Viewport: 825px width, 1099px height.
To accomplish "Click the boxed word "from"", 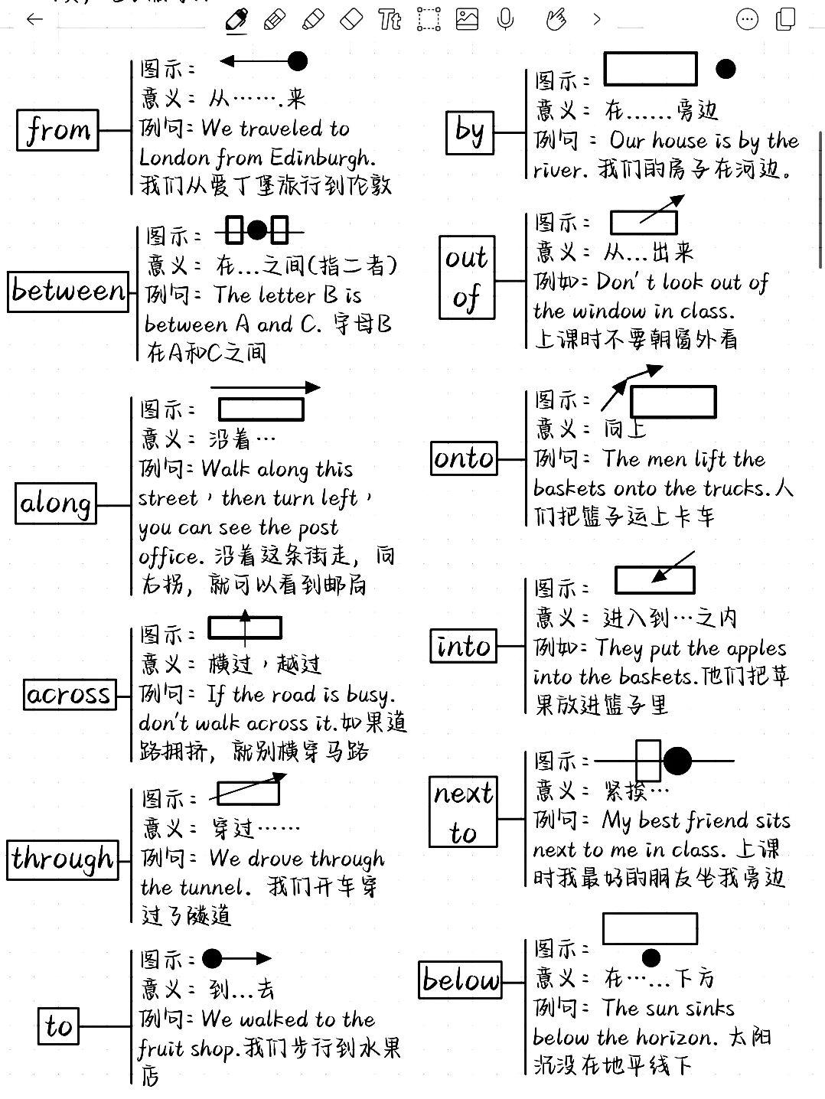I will click(x=58, y=130).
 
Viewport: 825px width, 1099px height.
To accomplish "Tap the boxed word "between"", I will click(x=67, y=291).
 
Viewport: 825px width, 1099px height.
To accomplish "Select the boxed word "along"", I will click(x=56, y=504).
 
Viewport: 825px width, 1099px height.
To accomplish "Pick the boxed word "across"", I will click(x=69, y=694).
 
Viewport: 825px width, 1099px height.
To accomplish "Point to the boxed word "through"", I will click(x=63, y=859).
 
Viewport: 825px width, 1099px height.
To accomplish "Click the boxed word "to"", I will click(x=58, y=1026).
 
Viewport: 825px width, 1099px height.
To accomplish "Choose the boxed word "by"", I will click(x=469, y=132).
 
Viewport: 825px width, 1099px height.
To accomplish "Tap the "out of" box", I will click(x=467, y=277).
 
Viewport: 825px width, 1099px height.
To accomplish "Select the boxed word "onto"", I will click(x=464, y=458).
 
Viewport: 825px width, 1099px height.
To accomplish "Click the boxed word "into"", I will click(x=463, y=647).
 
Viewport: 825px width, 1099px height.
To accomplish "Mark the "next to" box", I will click(x=463, y=812).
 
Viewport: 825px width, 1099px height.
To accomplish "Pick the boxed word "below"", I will click(x=461, y=980).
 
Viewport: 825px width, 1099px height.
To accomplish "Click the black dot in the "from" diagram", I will click(x=297, y=61).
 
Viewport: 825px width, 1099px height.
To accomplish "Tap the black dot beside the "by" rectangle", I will click(x=726, y=70).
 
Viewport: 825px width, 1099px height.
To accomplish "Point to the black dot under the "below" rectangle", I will click(x=651, y=957).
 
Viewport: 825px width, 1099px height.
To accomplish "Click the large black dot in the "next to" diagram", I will click(x=677, y=761).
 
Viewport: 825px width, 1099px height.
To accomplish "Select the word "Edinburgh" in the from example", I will click(x=322, y=158).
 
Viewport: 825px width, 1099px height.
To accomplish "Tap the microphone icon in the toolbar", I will click(x=505, y=19).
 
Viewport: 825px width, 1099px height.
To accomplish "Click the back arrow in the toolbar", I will click(x=34, y=19).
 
